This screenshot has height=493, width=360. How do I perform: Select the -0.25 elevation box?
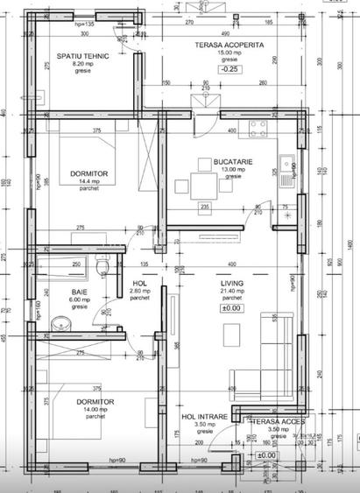click(230, 68)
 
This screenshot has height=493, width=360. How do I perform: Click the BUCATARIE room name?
click(230, 161)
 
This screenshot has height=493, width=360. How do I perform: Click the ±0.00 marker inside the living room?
click(231, 308)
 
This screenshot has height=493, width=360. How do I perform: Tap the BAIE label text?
click(80, 291)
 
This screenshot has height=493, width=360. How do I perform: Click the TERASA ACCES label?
click(277, 421)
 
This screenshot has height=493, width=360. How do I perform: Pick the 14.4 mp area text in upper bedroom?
click(88, 182)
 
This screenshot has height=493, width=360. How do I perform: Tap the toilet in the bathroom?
click(103, 265)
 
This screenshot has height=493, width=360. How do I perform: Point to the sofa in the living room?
click(279, 355)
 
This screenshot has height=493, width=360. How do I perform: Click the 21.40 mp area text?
click(231, 292)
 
